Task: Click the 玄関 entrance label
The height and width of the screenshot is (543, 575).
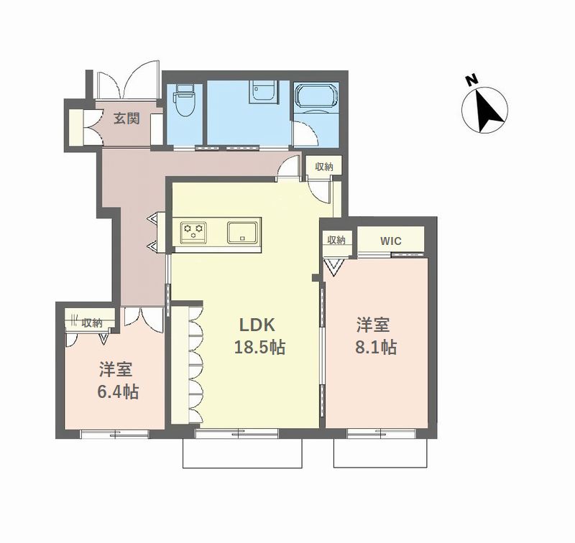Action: coord(126,119)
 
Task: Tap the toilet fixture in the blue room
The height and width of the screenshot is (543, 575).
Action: coord(185,100)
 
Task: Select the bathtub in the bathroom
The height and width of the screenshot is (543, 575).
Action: coord(316,96)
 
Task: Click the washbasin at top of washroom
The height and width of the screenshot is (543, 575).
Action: coord(263,92)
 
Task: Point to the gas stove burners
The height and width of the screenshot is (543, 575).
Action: coord(193,232)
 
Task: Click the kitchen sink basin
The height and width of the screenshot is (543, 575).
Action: coord(241,232)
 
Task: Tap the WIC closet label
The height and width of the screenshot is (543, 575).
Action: coord(391,241)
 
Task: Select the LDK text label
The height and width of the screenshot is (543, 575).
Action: coord(257,325)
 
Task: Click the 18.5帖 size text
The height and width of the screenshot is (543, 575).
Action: coord(259,347)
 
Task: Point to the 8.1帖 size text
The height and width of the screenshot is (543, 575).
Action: coord(376,347)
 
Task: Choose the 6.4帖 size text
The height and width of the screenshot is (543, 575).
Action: coord(118,392)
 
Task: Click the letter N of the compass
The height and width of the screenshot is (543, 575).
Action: coord(471,80)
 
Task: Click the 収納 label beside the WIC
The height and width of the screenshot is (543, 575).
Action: coord(336,241)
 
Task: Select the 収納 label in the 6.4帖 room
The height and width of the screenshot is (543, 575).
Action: coord(92,323)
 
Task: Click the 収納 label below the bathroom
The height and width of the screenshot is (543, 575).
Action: coord(324,167)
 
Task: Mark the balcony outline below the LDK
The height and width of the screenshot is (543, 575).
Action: coord(242,468)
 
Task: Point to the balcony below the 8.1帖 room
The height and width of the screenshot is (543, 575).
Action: coord(380,467)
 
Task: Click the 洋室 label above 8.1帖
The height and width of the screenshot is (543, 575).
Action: coord(373,325)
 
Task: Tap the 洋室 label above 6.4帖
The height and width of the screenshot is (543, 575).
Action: coord(116,370)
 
